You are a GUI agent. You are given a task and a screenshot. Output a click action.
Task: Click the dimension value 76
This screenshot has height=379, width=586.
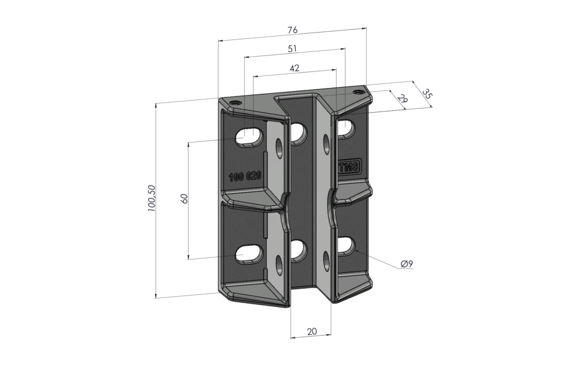(x=292, y=31)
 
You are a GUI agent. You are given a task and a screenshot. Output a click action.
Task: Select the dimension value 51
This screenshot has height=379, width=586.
(x=293, y=50)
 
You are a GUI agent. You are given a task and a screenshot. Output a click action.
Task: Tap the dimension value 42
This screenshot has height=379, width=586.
(x=294, y=68)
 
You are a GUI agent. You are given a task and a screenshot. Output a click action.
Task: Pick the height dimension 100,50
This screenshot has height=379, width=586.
(x=152, y=199)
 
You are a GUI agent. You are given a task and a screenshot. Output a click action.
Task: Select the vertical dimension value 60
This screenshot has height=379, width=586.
(x=184, y=199)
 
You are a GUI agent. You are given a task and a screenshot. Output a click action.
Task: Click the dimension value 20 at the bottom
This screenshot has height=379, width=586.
(x=312, y=332)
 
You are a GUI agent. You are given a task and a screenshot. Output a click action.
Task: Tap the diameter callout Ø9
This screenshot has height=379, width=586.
(x=407, y=264)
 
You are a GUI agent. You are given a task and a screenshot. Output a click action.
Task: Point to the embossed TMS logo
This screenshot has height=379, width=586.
(x=349, y=168)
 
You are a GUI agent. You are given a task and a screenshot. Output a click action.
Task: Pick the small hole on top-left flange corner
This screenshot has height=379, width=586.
(x=235, y=101)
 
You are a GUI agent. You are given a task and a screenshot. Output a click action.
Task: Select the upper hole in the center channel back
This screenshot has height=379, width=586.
(x=298, y=133)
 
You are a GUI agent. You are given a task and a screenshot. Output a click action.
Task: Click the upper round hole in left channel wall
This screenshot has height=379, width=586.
(x=279, y=148)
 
